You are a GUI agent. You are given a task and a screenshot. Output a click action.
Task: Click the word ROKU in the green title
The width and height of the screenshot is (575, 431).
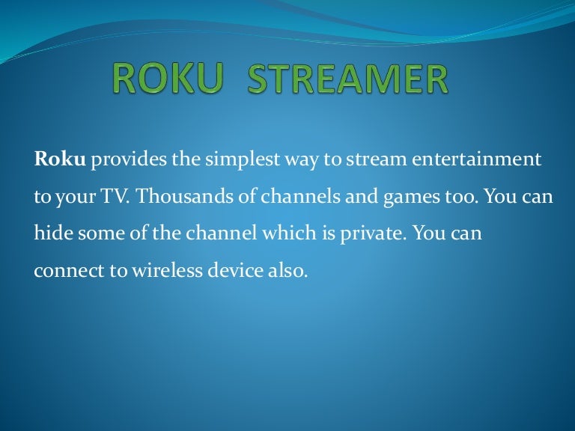pyautogui.click(x=168, y=79)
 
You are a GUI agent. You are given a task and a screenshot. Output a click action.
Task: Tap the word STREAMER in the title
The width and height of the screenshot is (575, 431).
pyautogui.click(x=347, y=79)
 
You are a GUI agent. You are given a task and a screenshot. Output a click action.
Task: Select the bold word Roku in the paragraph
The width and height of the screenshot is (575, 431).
pyautogui.click(x=60, y=159)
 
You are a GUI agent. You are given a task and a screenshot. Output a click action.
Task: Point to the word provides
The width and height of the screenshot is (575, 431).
pyautogui.click(x=128, y=160)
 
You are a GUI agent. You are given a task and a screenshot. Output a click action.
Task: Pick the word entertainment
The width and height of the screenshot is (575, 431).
pyautogui.click(x=476, y=160)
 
